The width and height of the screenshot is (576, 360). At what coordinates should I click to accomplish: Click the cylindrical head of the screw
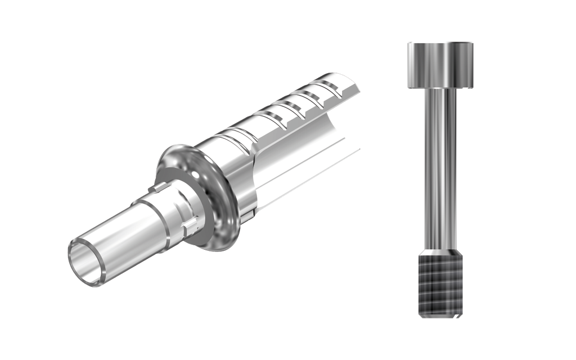440,65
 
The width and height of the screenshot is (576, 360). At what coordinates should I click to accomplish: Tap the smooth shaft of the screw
440,169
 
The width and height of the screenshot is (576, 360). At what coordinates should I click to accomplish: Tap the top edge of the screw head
440,42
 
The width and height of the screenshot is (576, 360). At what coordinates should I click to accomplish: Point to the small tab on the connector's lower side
191,225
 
